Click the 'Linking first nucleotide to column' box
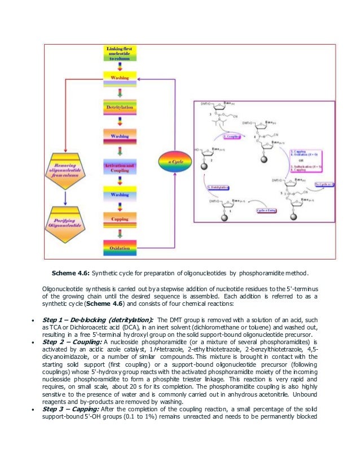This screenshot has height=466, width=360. pyautogui.click(x=120, y=54)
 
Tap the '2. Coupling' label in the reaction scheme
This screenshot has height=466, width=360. pyautogui.click(x=232, y=137)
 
